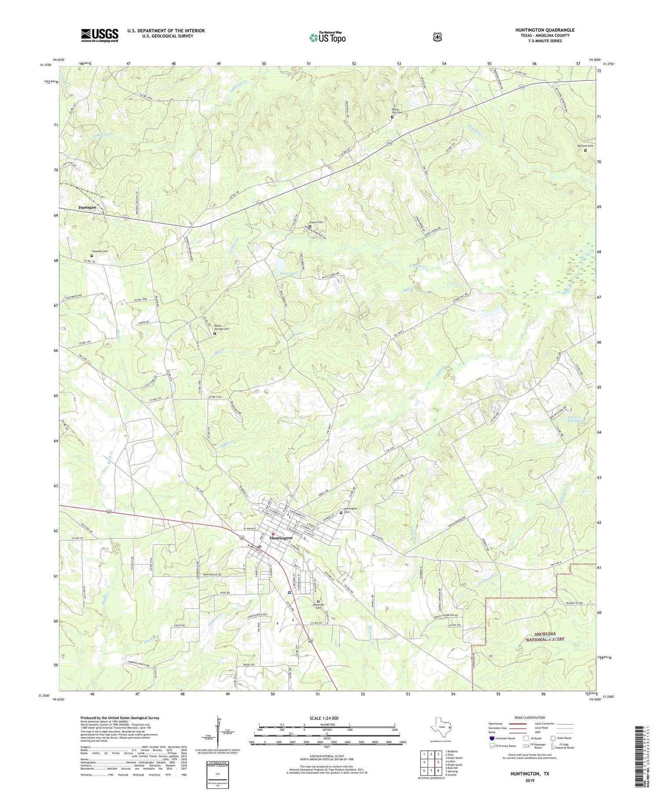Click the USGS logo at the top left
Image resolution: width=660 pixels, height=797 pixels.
[x=100, y=35]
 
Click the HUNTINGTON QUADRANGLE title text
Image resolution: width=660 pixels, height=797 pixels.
[x=545, y=30]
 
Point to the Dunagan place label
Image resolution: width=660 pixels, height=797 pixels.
[x=88, y=207]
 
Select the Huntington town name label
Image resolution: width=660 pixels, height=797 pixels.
[x=281, y=538]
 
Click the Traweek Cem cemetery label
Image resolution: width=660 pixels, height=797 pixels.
[x=99, y=251]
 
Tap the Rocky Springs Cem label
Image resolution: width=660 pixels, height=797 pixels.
[x=221, y=327]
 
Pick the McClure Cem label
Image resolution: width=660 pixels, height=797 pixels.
[x=585, y=146]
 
